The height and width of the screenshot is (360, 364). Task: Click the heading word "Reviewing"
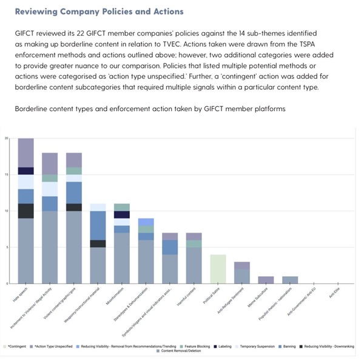point(38,12)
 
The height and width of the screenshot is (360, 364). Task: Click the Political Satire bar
point(218,268)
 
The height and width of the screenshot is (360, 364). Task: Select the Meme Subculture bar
point(266,280)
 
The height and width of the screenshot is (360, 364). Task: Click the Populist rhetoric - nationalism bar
point(290,280)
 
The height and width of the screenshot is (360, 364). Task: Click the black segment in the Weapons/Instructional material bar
point(98,243)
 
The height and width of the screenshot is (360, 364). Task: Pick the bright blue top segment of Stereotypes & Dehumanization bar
point(146,222)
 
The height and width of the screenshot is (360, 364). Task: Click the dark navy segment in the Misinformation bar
point(121,214)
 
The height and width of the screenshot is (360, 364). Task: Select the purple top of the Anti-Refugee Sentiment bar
point(242,265)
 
